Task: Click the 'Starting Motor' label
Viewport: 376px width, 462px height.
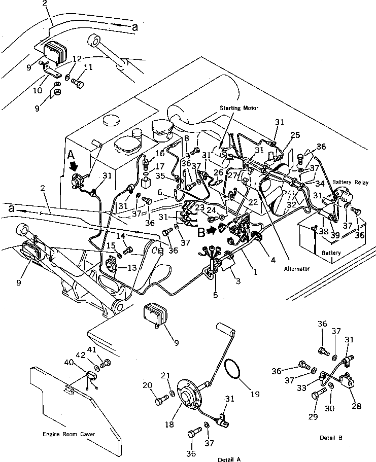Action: (x=239, y=108)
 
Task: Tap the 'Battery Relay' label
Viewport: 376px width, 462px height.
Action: (x=351, y=182)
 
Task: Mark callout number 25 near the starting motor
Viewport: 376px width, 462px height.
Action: (x=295, y=135)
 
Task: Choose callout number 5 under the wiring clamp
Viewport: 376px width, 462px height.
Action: (x=215, y=295)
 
